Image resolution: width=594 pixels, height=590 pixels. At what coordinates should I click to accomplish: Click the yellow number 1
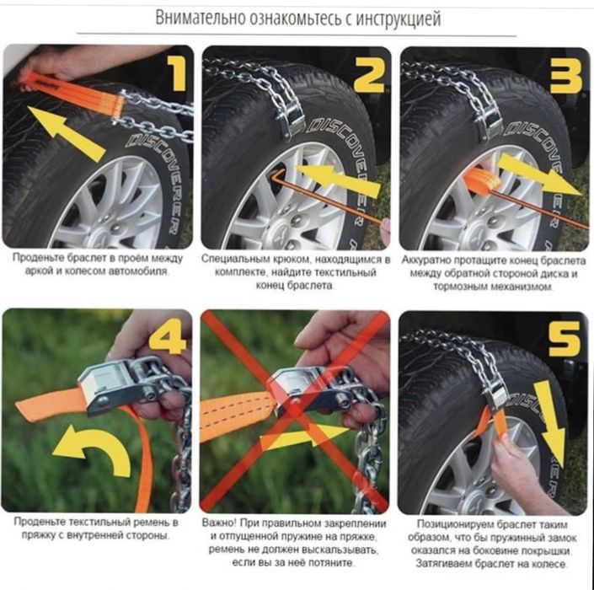[x=177, y=72]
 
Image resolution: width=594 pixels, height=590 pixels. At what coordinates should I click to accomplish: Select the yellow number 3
[x=566, y=75]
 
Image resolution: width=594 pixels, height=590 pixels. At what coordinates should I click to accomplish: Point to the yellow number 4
[x=167, y=336]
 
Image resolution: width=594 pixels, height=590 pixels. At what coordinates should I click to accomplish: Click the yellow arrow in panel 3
[x=540, y=174]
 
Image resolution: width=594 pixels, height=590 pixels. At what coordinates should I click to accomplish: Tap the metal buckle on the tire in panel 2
[x=291, y=116]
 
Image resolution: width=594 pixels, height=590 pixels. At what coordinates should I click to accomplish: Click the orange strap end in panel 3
[x=481, y=180]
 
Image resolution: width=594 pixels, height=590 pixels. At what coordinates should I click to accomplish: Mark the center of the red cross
[x=295, y=411]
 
